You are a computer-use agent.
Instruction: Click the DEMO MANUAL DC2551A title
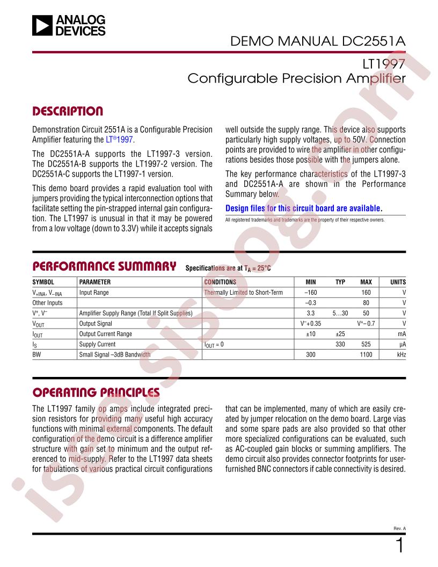(x=318, y=41)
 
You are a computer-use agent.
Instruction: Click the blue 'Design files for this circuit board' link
(x=304, y=208)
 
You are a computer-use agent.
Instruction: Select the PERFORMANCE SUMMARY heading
(x=105, y=266)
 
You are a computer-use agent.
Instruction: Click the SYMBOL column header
(x=43, y=282)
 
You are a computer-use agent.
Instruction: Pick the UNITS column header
(x=398, y=282)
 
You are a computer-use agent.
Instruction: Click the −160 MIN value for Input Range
(x=310, y=293)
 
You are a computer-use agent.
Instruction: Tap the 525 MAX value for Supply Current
(x=366, y=344)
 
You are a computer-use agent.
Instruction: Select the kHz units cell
(x=400, y=355)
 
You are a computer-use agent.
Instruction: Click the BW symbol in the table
(x=37, y=355)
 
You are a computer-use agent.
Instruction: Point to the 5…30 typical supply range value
(x=340, y=313)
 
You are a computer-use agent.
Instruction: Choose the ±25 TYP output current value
(x=340, y=334)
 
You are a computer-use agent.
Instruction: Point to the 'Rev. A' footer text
(x=399, y=528)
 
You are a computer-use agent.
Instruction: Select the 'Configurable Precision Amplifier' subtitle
(x=295, y=78)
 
